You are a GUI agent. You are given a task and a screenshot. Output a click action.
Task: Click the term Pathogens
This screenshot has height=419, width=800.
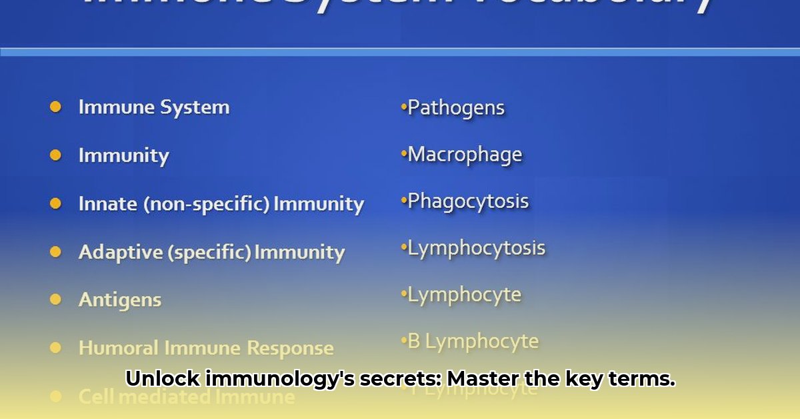click(456, 108)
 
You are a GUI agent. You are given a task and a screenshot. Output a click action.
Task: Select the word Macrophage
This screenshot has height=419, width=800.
click(465, 155)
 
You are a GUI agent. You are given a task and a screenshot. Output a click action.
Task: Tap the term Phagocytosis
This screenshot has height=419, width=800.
click(468, 201)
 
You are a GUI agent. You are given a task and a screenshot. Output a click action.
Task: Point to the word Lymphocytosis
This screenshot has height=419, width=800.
click(476, 248)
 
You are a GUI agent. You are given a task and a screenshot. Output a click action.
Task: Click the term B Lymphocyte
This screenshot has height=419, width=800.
click(473, 342)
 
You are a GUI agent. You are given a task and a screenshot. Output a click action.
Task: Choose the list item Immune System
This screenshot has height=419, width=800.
click(154, 107)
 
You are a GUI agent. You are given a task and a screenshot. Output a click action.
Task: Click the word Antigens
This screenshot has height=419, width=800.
click(120, 300)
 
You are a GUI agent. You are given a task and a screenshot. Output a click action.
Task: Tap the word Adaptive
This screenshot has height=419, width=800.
click(117, 252)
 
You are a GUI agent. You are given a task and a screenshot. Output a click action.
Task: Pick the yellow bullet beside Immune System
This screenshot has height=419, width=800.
click(55, 107)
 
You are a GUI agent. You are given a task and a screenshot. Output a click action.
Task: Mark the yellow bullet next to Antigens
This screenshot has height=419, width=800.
click(55, 300)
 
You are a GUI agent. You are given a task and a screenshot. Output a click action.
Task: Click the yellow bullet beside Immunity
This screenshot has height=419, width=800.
click(55, 155)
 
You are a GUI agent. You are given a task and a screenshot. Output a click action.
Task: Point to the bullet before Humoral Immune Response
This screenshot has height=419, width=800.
click(55, 348)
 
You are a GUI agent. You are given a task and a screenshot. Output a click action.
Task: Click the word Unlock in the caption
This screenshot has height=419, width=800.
click(163, 379)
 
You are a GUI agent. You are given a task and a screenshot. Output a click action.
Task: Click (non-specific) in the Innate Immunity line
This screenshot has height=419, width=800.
click(207, 204)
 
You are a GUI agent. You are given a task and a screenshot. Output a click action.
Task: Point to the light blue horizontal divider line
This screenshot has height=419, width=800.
click(400, 51)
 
